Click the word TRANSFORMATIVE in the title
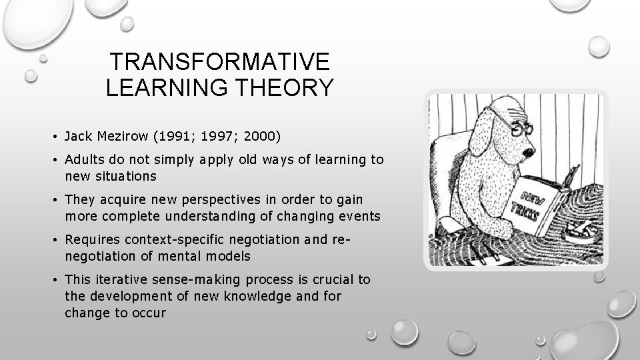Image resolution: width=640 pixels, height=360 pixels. click(219, 62)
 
